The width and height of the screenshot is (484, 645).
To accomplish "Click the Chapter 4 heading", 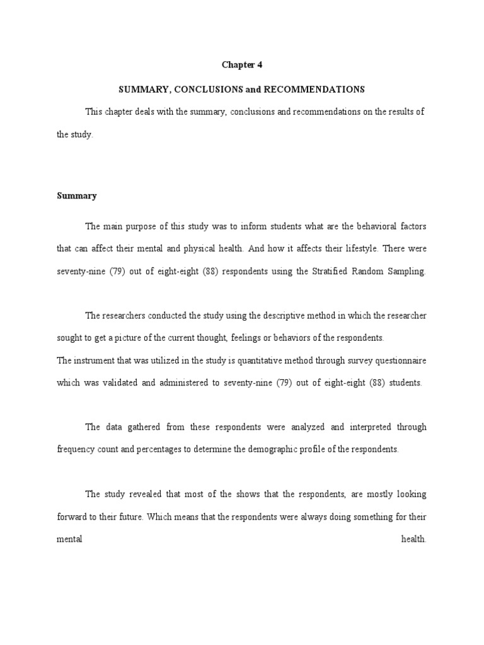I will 241,65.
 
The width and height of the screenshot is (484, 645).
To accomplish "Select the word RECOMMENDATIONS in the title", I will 321,89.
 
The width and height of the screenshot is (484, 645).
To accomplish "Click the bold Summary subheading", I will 76,196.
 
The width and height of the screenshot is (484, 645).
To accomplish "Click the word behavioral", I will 372,226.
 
